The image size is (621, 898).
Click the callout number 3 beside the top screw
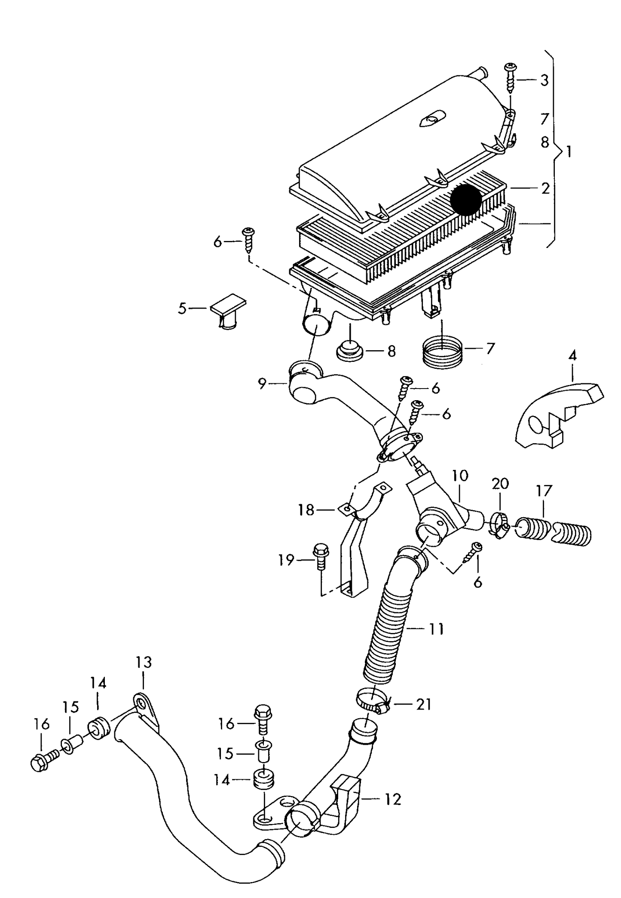pos(544,80)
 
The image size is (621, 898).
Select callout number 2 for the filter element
pos(545,188)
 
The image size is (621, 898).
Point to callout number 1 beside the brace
pos(569,152)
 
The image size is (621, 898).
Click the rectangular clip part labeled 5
pos(228,311)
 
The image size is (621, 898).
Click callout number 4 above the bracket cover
pos(572,355)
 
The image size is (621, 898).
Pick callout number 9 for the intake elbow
pos(263,383)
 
